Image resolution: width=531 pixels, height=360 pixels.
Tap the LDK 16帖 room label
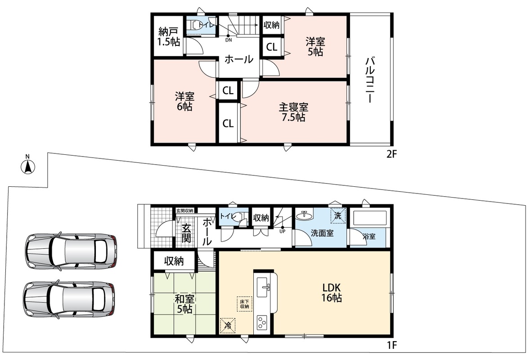[332, 292]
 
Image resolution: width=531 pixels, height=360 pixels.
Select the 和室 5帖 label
[184, 304]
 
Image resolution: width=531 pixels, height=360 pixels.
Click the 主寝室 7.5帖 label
[293, 112]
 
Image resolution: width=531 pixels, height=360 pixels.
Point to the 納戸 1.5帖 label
[169, 37]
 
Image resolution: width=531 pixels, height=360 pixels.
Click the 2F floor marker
[391, 154]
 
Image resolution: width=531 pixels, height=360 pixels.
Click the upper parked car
[71, 251]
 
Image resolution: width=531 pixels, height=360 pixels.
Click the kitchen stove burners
[262, 323]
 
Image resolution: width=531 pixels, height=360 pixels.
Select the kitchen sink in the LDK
[263, 287]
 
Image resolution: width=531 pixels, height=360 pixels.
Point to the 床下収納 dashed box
[244, 304]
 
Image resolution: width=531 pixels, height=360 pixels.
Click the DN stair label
[229, 40]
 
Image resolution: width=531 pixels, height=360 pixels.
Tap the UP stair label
[282, 232]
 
